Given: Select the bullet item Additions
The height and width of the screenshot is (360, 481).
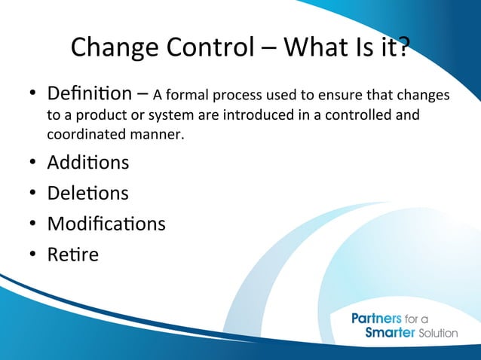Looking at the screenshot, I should coord(87,162).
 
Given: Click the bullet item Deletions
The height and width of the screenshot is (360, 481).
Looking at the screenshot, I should coord(87,193).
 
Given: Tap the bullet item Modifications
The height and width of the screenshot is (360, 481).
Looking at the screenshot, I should coord(106,224).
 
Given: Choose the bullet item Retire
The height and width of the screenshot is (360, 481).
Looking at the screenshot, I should coord(72,255).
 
